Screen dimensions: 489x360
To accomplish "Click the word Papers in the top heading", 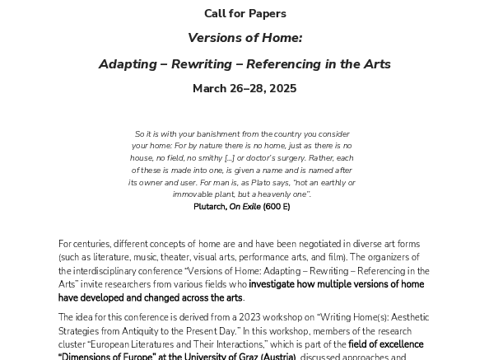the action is (x=267, y=13).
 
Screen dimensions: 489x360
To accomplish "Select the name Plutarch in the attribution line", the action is (x=209, y=207).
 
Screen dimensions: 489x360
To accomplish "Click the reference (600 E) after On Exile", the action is (x=276, y=207).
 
